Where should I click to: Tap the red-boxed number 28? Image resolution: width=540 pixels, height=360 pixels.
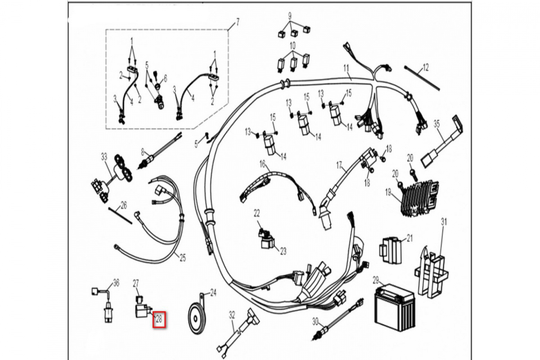pyautogui.click(x=159, y=319)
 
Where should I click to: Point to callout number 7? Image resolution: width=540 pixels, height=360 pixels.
pyautogui.click(x=238, y=22)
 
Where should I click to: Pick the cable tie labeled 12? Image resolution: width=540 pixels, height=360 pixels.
pyautogui.click(x=422, y=78)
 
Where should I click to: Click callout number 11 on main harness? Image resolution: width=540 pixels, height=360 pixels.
pyautogui.click(x=346, y=69)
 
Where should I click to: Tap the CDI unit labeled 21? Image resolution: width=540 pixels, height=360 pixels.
pyautogui.click(x=391, y=250)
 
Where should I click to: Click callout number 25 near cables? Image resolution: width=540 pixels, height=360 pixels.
pyautogui.click(x=182, y=258)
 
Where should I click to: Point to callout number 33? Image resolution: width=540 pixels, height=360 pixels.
pyautogui.click(x=104, y=157)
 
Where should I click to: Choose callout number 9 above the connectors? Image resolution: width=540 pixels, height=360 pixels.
pyautogui.click(x=290, y=15)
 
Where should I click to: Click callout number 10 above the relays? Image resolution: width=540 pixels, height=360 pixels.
pyautogui.click(x=292, y=45)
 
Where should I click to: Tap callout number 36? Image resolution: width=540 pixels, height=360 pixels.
pyautogui.click(x=116, y=283)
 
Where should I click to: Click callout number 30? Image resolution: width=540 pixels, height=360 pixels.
pyautogui.click(x=315, y=321)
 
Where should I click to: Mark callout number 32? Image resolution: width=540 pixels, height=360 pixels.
pyautogui.click(x=232, y=314)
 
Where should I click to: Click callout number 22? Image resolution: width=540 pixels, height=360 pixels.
pyautogui.click(x=256, y=212)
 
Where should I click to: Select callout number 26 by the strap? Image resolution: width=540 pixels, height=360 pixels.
pyautogui.click(x=124, y=205)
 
